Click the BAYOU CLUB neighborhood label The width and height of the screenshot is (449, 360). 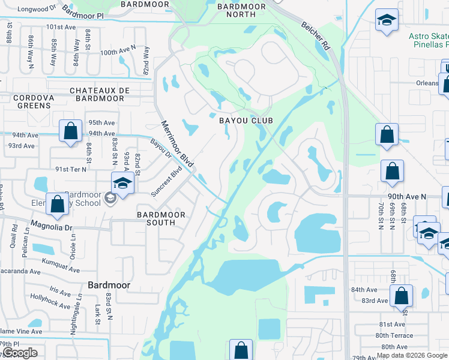pos(246,121)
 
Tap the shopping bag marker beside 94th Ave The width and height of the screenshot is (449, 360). pos(70,131)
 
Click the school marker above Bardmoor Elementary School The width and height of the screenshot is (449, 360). pos(122,184)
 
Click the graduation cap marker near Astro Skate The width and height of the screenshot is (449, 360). pos(387,20)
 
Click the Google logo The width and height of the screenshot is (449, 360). pos(20,353)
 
